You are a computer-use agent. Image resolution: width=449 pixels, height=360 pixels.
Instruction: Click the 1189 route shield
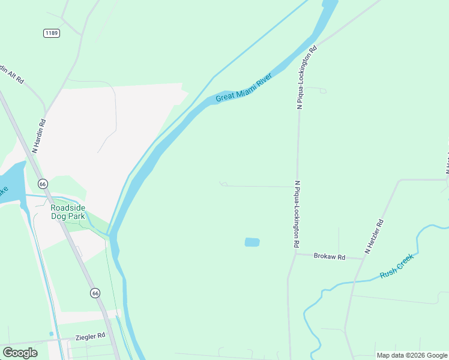point(52,33)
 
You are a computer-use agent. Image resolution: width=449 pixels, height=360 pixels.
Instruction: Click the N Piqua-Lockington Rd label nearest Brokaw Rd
point(297,214)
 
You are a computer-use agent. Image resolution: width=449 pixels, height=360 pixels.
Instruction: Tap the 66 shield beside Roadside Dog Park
point(41,184)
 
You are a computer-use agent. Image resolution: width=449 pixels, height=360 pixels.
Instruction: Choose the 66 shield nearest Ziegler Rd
point(95,293)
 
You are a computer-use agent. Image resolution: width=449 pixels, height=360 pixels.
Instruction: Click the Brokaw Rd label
point(330,256)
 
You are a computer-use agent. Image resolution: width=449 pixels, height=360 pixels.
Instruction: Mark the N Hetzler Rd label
point(375,235)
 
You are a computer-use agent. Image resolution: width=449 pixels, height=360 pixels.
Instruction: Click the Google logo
point(20,352)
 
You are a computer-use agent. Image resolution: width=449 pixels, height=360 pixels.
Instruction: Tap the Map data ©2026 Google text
point(412,355)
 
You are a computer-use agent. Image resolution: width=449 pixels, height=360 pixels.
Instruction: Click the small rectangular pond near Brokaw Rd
point(252,242)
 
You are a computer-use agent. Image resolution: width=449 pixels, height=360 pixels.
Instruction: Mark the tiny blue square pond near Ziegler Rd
point(51,334)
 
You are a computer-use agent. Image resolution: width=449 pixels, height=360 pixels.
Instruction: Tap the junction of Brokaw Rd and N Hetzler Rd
point(364,259)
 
